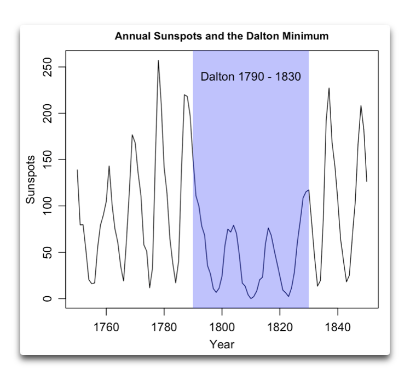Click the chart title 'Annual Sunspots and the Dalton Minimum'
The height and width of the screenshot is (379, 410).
222,37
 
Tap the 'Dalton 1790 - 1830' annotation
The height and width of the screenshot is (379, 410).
251,76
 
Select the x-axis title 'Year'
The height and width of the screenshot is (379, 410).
222,344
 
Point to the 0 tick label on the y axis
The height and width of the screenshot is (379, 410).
48,298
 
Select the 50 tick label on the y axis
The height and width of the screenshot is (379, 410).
48,252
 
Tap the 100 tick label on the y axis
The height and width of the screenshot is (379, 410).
48,206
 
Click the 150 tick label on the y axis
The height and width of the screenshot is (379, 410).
48,160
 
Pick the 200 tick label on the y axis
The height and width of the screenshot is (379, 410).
48,113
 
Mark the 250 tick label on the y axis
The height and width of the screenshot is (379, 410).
48,67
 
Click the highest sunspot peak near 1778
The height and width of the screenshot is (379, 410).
158,60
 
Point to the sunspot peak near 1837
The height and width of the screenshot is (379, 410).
329,88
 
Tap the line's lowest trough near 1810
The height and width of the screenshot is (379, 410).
251,298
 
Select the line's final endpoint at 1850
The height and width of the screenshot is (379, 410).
367,182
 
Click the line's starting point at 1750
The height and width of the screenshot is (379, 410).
77,170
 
